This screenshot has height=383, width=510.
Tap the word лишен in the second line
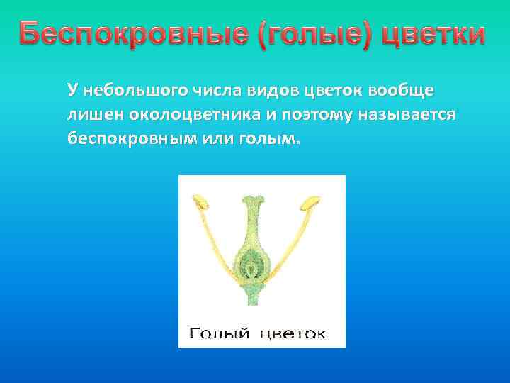(x=90, y=114)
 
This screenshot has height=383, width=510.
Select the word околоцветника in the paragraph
(x=186, y=114)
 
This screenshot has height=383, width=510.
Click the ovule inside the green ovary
(x=253, y=267)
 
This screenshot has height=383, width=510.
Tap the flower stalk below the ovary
(x=253, y=296)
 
